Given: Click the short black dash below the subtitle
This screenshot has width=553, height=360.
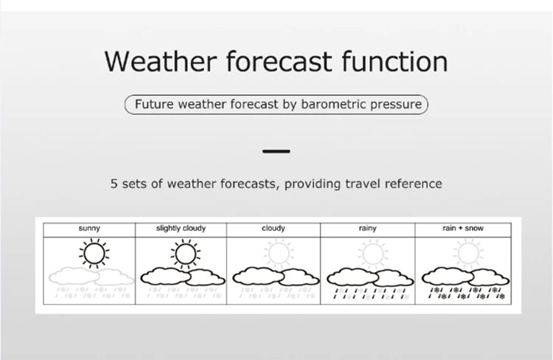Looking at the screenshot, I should (276, 151).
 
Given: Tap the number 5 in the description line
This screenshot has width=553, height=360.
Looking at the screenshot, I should (114, 183).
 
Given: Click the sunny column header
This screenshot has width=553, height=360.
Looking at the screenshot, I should (89, 229).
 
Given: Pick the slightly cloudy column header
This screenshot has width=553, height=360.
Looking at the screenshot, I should (181, 229).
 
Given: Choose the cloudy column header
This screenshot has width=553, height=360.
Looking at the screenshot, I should (274, 229).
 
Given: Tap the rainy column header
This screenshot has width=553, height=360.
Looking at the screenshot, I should (367, 229).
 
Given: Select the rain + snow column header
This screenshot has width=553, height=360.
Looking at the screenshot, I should (463, 229).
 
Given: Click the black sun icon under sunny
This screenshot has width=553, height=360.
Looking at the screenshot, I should (94, 253).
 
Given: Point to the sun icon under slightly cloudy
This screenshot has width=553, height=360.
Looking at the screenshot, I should (185, 253).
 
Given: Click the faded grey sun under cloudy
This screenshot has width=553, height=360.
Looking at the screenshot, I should (279, 253).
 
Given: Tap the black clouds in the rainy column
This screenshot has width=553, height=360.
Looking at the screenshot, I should (369, 277).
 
